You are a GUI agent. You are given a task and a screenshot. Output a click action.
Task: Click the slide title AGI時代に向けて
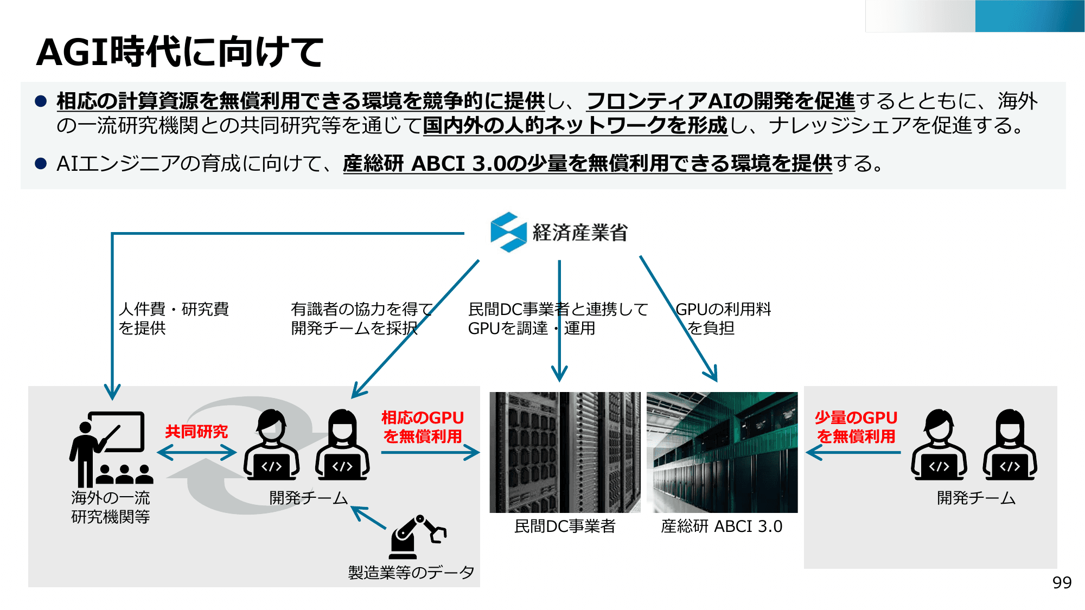180,53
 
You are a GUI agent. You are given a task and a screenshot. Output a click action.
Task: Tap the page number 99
1062,582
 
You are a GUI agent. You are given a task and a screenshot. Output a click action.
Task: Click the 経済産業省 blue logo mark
508,232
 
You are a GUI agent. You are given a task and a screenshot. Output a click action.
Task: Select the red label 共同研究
196,432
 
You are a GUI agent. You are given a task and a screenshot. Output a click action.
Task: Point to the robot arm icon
417,537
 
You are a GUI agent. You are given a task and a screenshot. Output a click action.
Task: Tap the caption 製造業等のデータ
411,572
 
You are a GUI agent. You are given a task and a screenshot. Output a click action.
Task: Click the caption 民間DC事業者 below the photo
564,526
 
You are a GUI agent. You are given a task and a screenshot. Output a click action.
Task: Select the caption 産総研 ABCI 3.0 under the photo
721,526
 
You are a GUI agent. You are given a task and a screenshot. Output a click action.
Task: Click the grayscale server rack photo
564,452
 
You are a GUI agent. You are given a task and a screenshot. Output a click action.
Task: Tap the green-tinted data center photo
722,452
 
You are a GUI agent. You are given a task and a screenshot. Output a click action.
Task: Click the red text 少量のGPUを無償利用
856,427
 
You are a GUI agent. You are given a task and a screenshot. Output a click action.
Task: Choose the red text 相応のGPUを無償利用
422,427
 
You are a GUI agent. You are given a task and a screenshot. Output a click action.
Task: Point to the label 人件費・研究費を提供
174,318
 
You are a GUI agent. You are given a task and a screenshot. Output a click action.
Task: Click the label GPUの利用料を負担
723,318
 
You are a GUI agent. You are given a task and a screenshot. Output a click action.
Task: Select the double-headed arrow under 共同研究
196,452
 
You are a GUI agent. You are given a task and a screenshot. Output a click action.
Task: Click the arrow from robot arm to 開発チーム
369,518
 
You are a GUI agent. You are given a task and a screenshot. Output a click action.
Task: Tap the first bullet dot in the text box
41,101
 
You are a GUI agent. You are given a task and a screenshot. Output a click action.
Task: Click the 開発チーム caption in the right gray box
975,498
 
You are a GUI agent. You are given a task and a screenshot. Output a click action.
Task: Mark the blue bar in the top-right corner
1029,16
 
